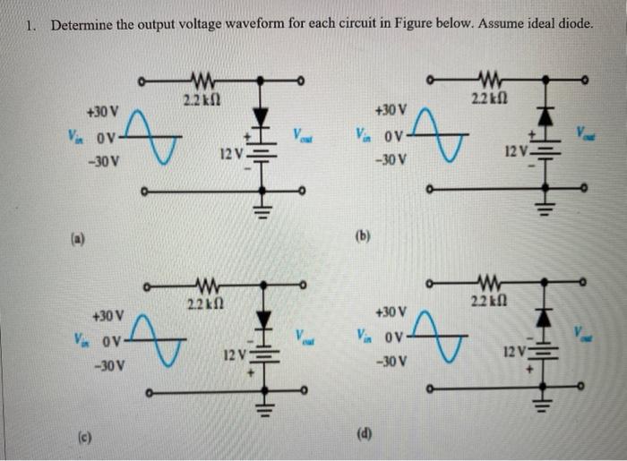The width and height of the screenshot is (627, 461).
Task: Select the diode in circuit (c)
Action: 262,318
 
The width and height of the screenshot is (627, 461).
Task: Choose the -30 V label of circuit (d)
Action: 391,363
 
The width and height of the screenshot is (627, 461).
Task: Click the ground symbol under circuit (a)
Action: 262,212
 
